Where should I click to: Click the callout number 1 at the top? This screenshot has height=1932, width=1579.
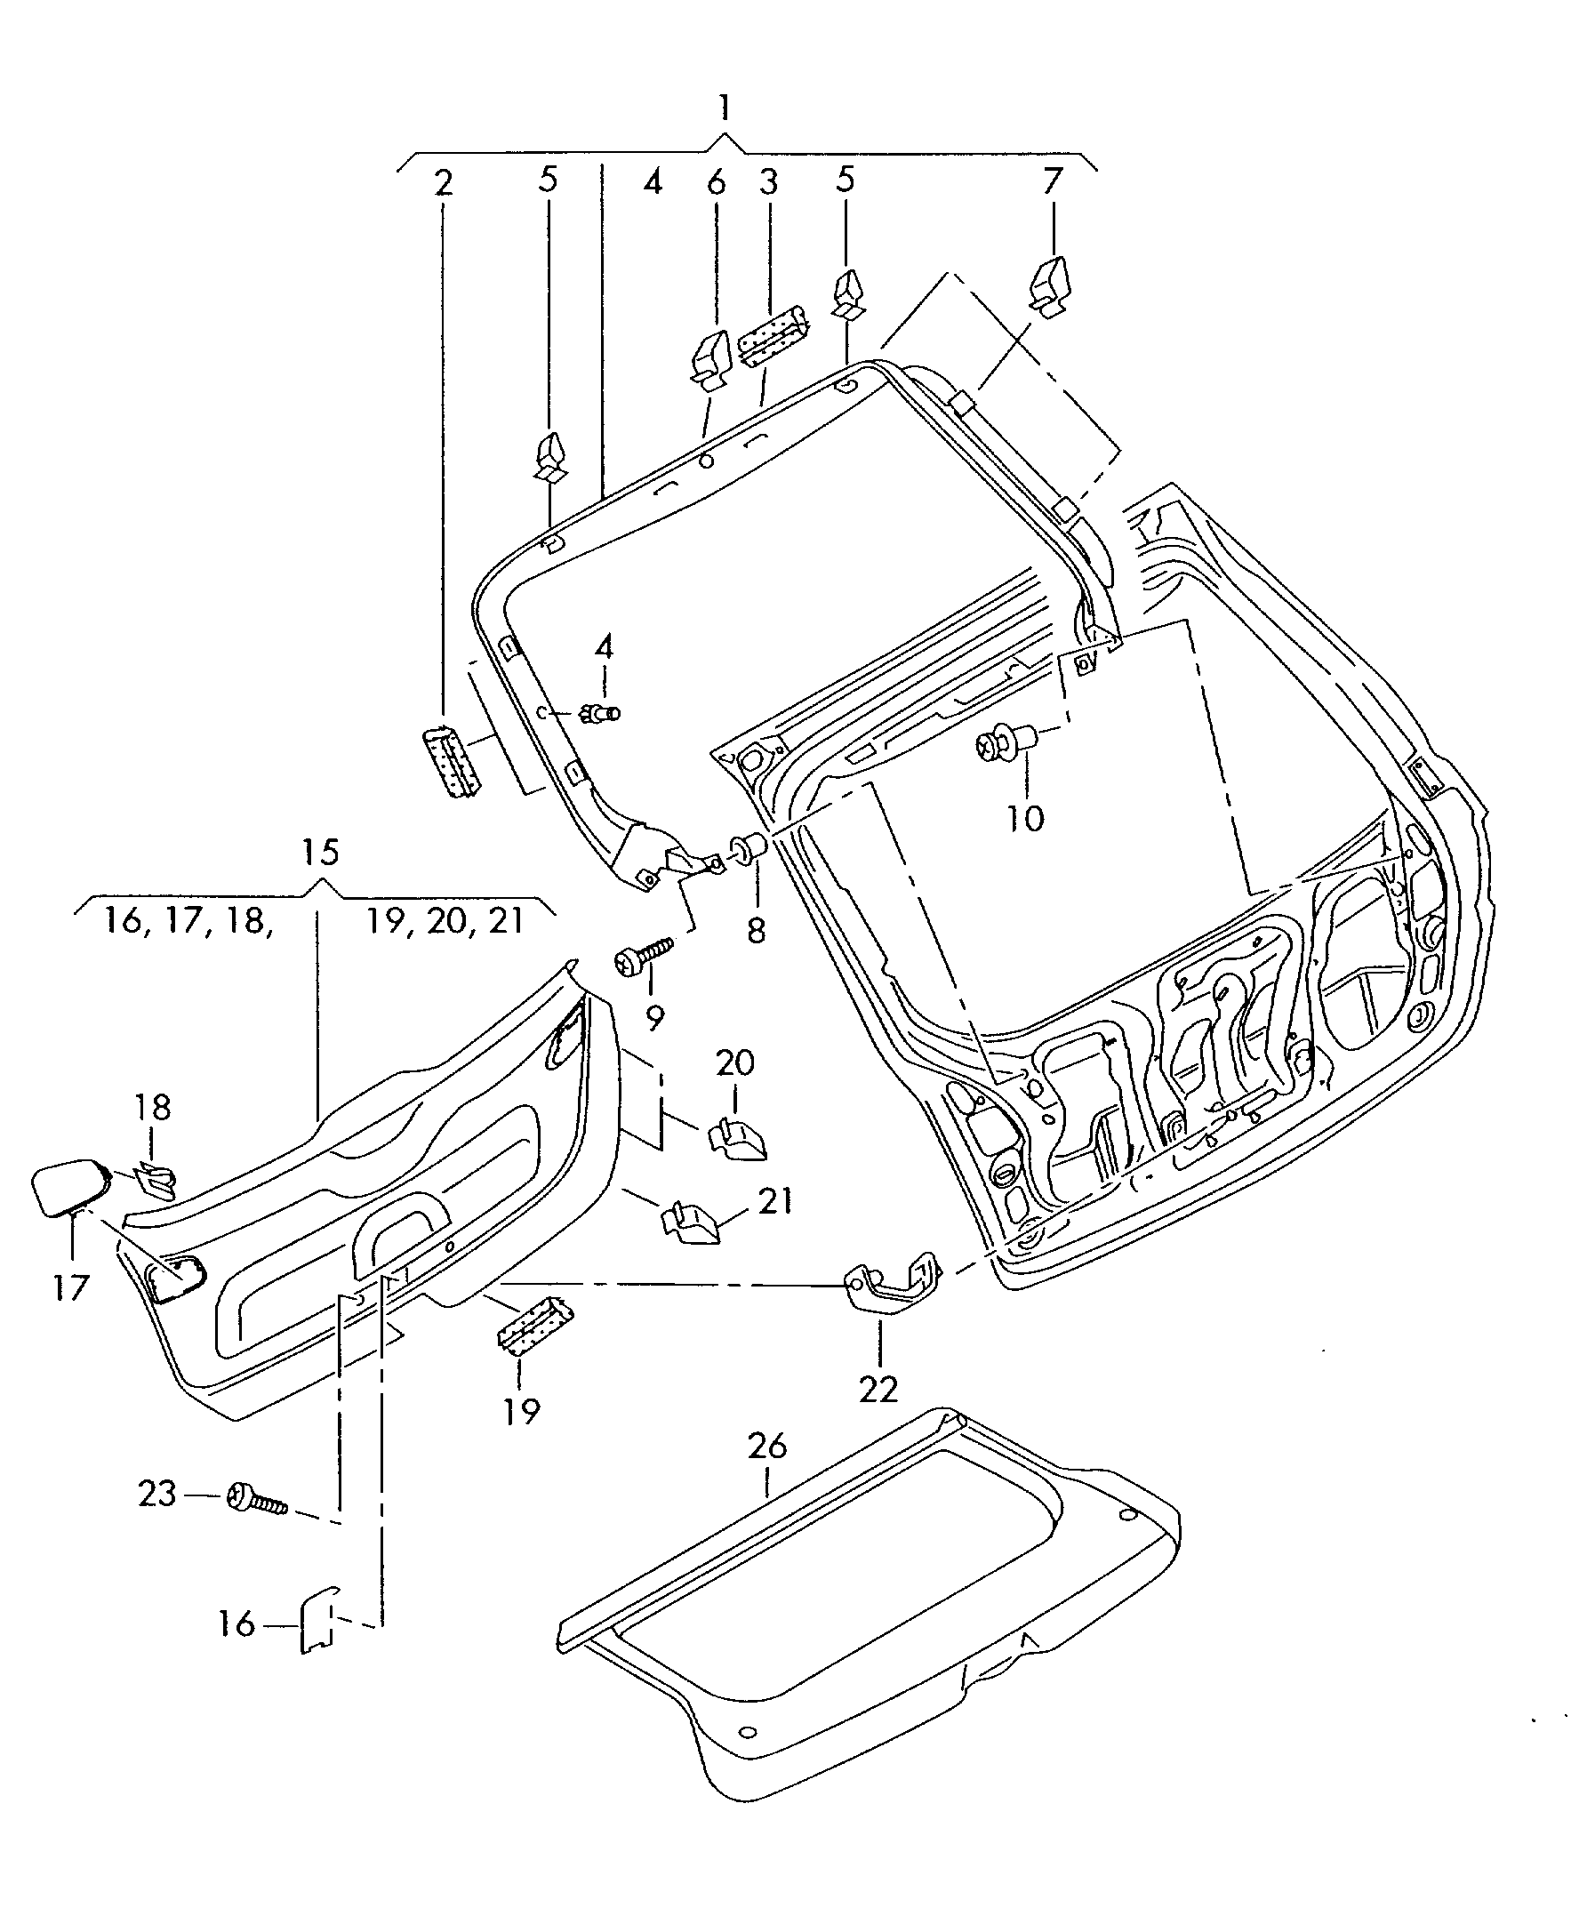coord(723,108)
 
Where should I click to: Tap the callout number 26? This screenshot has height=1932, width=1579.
coord(766,1446)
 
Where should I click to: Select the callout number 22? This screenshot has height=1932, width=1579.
coord(878,1389)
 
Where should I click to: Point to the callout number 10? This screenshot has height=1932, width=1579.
coord(1025,819)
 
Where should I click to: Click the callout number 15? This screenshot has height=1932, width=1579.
coord(320,853)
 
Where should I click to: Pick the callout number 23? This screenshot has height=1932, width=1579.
coord(156,1494)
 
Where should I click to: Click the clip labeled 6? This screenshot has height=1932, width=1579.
coord(712,357)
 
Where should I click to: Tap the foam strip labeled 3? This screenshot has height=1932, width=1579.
coord(774,334)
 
